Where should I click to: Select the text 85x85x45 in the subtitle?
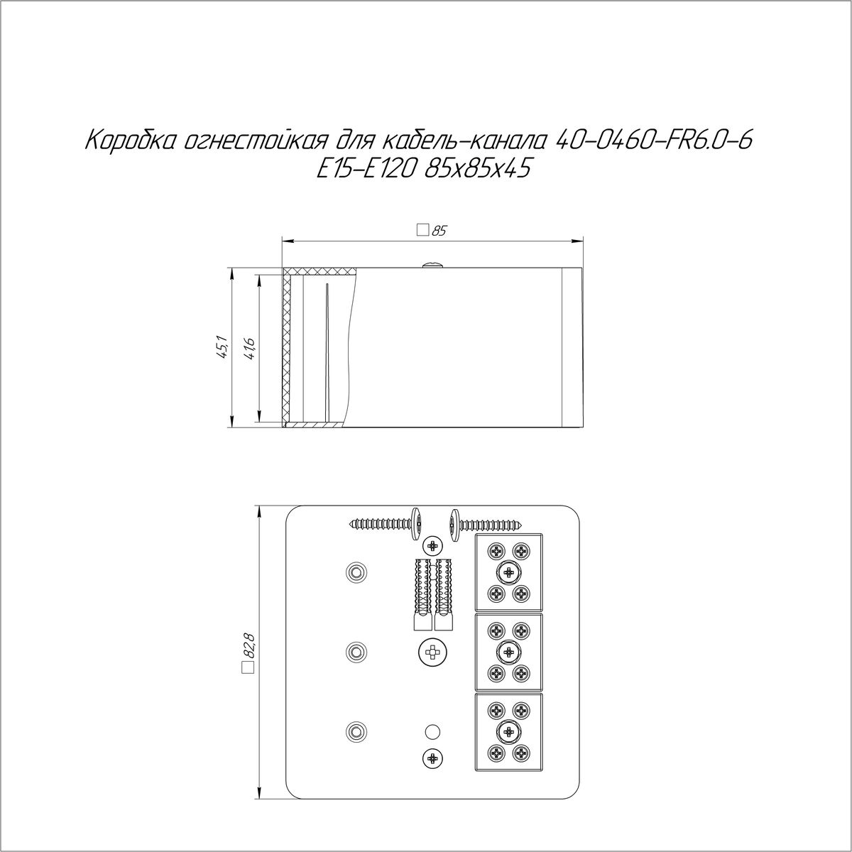click(x=476, y=170)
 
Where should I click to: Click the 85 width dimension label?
click(x=438, y=231)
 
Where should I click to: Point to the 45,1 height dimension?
click(x=222, y=347)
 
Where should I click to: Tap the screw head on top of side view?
click(x=432, y=265)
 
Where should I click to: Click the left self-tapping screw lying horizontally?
click(x=386, y=525)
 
